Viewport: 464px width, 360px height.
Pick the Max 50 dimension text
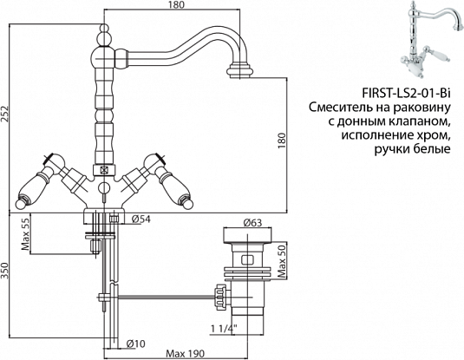[x=281, y=258]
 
